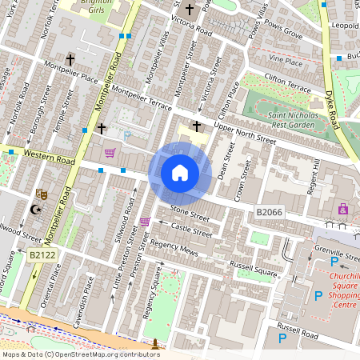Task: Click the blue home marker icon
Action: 180,173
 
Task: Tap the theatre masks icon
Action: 42,194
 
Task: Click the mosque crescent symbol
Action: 34,210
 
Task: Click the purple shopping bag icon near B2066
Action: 343,209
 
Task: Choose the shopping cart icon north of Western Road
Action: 110,152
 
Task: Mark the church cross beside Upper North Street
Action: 196,126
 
